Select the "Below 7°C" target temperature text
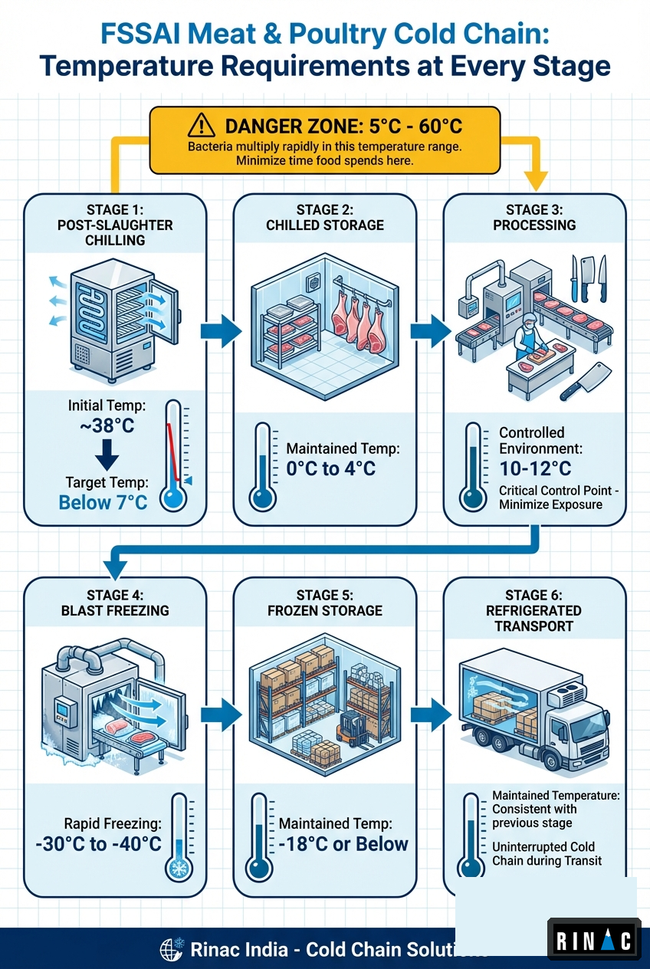tap(103, 502)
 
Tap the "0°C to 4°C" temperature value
tap(331, 468)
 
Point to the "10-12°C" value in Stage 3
tap(534, 468)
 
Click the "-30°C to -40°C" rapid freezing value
tap(98, 844)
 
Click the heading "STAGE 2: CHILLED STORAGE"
tap(324, 217)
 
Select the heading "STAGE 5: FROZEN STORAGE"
tap(324, 603)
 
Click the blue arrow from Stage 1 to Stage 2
tap(219, 331)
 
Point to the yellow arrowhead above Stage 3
tap(537, 179)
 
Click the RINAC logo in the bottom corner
tap(593, 939)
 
